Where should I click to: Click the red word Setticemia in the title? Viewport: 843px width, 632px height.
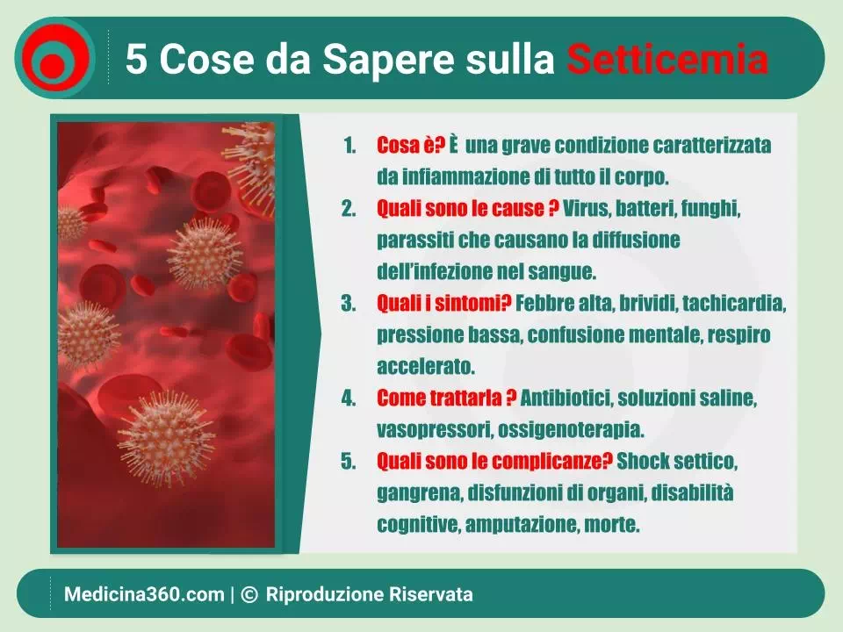(x=667, y=58)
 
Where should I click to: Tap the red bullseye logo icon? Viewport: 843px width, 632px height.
(x=54, y=58)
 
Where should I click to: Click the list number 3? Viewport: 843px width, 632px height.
(x=349, y=304)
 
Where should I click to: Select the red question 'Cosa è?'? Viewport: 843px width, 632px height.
(x=411, y=145)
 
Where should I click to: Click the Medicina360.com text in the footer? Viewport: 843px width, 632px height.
(x=144, y=594)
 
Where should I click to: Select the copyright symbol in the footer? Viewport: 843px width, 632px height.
(x=249, y=594)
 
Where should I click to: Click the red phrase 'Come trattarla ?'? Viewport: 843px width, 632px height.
(x=446, y=399)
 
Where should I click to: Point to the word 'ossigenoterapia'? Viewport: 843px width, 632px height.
(x=571, y=430)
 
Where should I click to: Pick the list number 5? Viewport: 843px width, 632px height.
(x=349, y=461)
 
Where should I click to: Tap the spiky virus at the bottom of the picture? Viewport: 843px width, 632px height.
(x=167, y=436)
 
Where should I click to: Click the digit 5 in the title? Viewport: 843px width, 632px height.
(x=136, y=58)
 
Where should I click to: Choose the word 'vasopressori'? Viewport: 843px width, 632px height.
(x=435, y=430)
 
